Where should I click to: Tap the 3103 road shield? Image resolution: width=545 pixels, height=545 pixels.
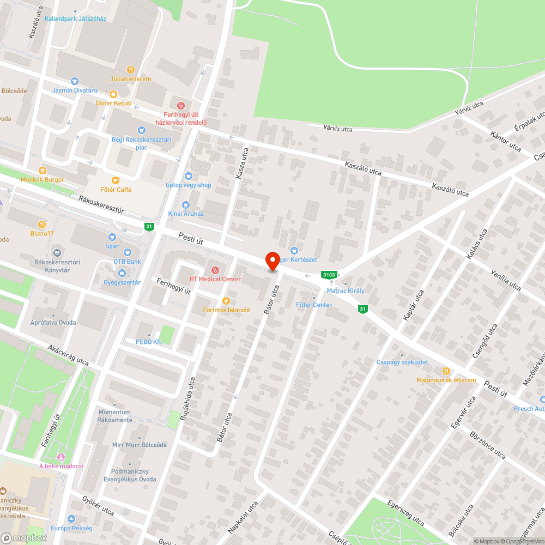pos(329,275)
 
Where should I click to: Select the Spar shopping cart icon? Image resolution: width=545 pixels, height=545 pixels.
pos(112,237)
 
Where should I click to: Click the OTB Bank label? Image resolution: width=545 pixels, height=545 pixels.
pos(127,262)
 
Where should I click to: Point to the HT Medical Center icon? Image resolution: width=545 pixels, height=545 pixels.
pos(215,270)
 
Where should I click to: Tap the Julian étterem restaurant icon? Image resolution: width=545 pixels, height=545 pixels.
pos(131,70)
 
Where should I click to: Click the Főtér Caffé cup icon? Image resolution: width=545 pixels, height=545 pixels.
pos(115,180)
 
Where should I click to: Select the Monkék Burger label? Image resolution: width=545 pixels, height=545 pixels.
pos(43,179)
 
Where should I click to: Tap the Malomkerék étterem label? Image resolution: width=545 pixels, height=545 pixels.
pos(446,380)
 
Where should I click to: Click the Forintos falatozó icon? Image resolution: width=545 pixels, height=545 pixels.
pos(226,301)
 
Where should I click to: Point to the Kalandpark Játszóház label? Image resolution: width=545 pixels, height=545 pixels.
pos(75,19)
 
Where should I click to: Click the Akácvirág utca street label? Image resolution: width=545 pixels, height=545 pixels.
pos(68,355)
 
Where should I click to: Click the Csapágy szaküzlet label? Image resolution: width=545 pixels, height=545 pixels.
pos(402,362)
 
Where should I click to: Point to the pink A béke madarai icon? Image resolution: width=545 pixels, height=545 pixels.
pos(60,457)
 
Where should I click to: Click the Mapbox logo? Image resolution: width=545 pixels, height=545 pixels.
pos(24,538)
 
